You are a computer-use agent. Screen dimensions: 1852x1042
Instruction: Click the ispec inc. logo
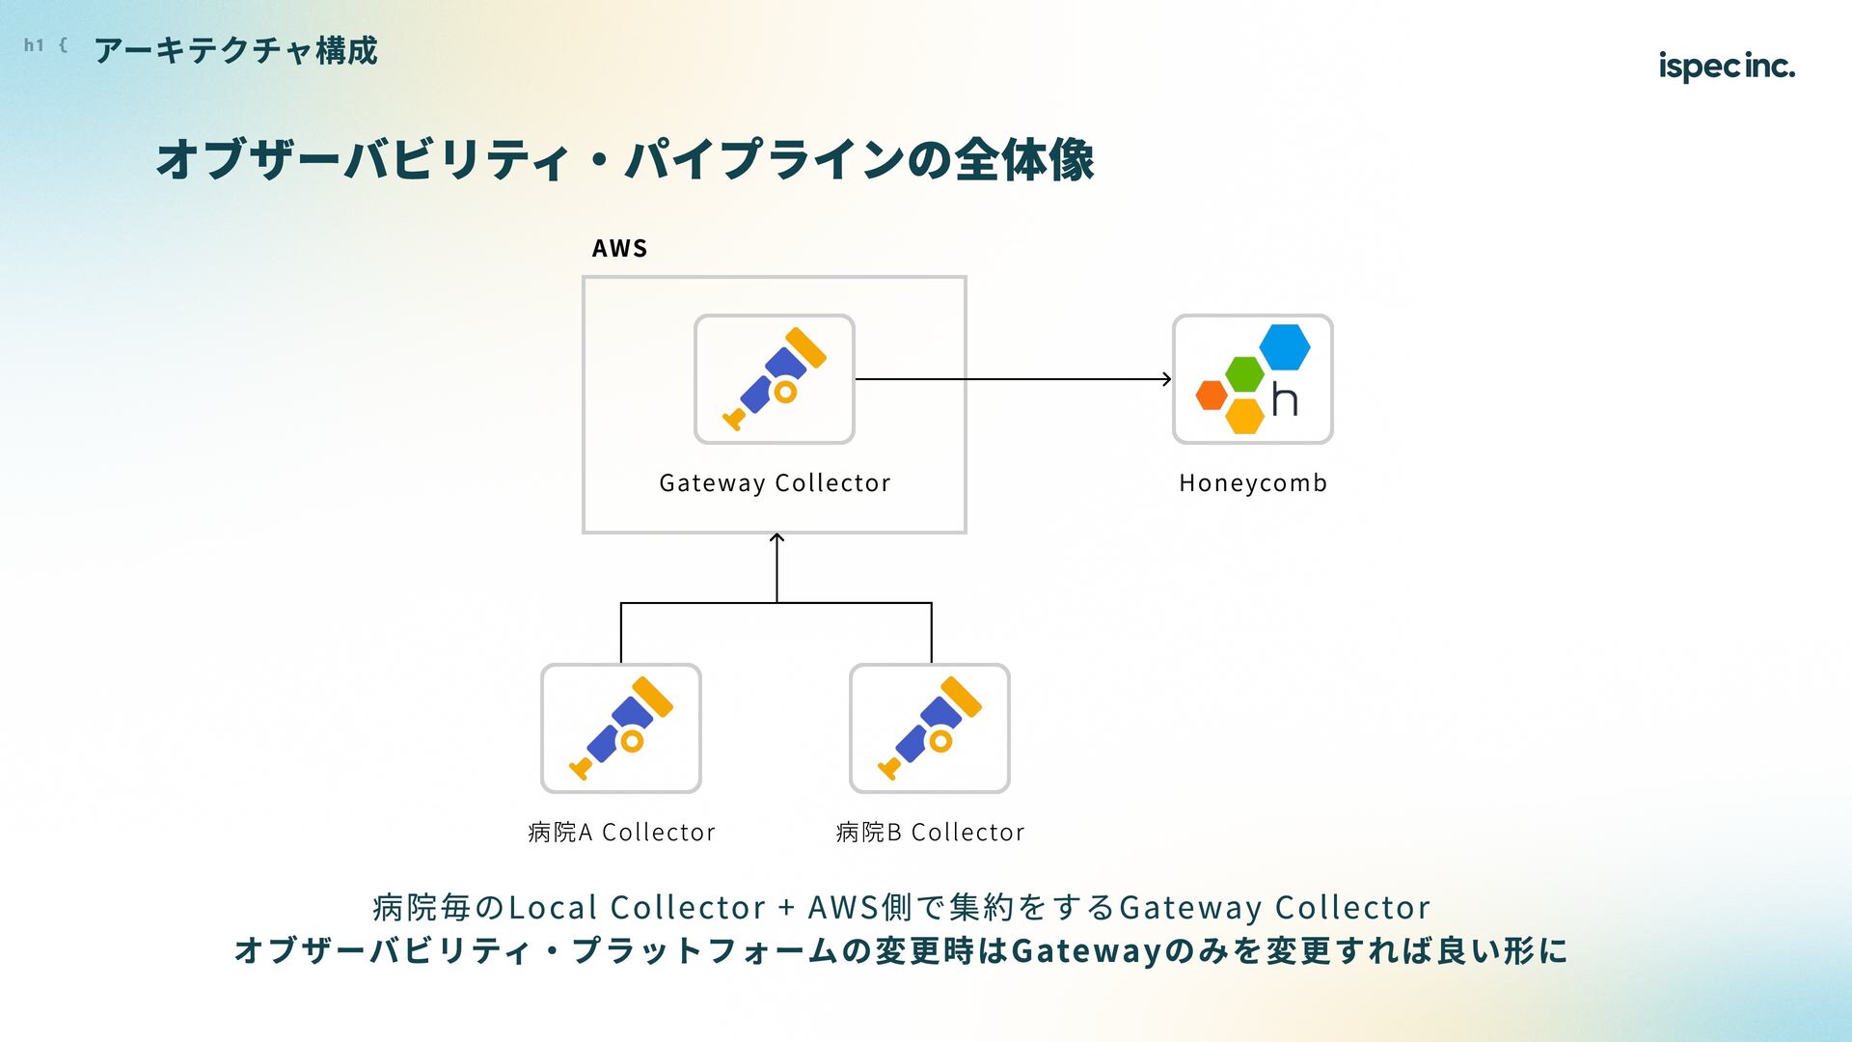tap(1727, 66)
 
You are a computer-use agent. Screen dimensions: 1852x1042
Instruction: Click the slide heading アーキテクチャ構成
tap(236, 50)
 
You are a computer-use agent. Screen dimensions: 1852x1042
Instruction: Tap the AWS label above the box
tap(619, 248)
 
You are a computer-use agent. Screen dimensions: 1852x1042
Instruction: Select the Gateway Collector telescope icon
tap(775, 379)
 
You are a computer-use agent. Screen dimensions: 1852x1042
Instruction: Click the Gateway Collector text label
tap(775, 482)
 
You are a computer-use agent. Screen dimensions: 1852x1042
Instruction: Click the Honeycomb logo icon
tap(1253, 379)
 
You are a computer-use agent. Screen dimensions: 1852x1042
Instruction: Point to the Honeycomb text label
tap(1253, 482)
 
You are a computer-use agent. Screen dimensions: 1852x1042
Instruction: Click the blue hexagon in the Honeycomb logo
tap(1285, 346)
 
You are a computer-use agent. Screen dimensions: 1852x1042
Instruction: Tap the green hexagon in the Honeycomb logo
tap(1244, 374)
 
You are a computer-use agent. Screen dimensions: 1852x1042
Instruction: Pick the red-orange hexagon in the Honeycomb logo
tap(1212, 395)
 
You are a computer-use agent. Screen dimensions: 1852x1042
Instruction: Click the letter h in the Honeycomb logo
tap(1285, 399)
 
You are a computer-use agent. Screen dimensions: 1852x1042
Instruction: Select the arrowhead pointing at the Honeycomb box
tap(1166, 379)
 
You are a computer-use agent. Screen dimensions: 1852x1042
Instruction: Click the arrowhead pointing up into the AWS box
tap(776, 538)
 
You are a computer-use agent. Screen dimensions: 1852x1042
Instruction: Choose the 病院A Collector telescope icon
tap(621, 728)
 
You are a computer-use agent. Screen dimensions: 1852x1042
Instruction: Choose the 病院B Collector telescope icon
tap(930, 728)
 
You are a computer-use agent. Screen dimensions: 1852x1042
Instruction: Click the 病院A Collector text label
tap(621, 832)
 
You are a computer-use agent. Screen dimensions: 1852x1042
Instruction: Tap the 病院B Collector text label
tap(930, 832)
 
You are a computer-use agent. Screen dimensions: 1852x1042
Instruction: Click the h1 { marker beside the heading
tap(45, 45)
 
